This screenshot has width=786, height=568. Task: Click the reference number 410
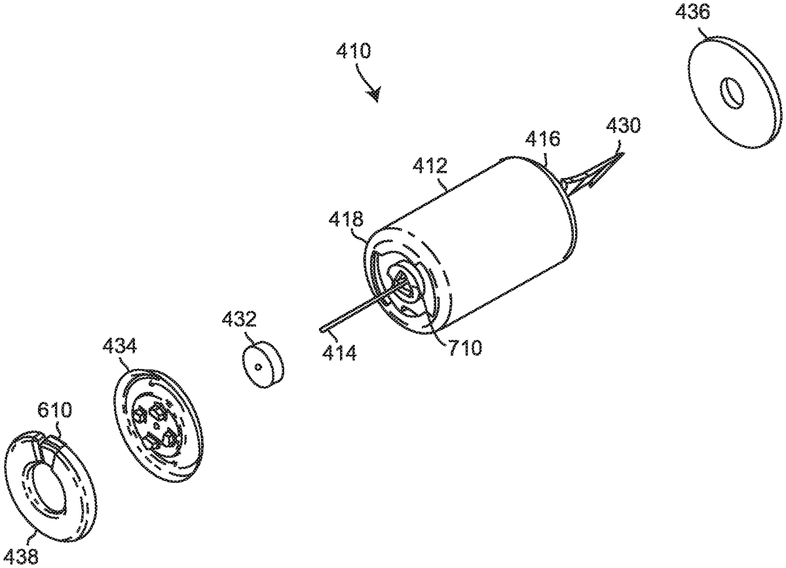click(353, 51)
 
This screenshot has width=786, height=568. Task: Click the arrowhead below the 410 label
click(375, 95)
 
